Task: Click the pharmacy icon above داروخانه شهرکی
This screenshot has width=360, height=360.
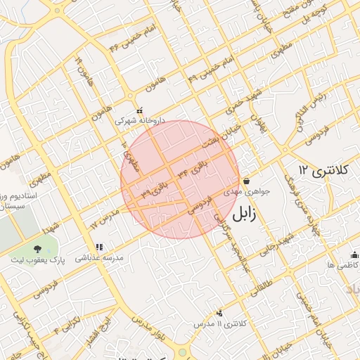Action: tap(140, 110)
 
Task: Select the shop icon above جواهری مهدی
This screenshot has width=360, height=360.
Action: tap(246, 181)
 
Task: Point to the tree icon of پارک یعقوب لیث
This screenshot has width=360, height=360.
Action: tap(37, 249)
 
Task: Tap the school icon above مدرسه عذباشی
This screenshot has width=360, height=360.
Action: tap(98, 247)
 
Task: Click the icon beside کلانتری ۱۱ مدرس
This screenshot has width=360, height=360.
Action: tap(220, 313)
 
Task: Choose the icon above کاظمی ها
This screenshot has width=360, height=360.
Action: tap(354, 255)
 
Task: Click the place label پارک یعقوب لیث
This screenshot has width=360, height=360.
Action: tap(37, 260)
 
